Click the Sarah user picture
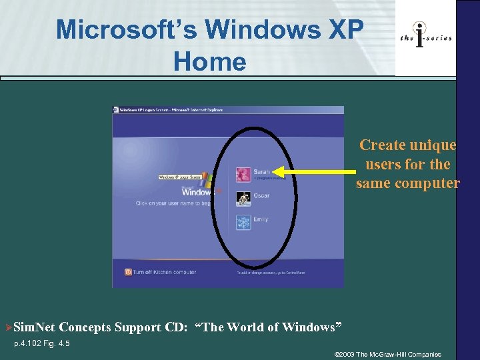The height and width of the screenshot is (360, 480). [x=243, y=174]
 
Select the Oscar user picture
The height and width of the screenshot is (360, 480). [x=243, y=198]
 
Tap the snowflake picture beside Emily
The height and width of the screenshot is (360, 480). [x=243, y=222]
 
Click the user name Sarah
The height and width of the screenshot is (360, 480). [x=261, y=172]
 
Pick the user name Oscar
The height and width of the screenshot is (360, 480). [x=261, y=195]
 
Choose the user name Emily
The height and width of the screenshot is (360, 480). [x=261, y=219]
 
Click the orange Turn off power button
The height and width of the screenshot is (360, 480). [x=128, y=271]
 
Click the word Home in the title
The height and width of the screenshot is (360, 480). [x=209, y=62]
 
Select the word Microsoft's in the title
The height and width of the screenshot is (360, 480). [x=127, y=29]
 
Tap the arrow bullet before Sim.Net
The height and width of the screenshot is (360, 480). [x=8, y=327]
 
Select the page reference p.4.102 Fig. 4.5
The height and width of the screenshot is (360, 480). [x=42, y=343]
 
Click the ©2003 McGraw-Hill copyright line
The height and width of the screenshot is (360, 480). [x=387, y=353]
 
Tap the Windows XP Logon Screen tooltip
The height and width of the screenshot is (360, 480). [x=181, y=177]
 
